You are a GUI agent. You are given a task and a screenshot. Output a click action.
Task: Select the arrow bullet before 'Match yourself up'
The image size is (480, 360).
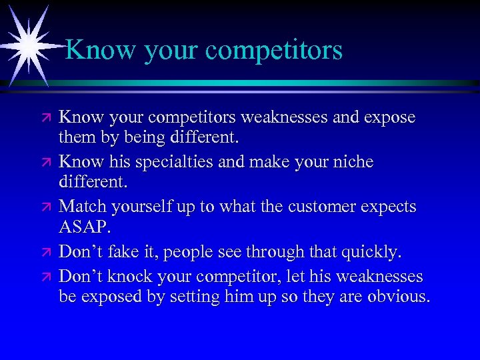[46, 207]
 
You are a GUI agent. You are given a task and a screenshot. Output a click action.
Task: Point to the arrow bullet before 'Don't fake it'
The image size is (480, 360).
[46, 253]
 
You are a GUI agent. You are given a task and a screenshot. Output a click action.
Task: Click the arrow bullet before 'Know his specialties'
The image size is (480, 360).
[46, 163]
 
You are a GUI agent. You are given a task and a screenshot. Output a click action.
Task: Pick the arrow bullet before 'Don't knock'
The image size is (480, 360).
[46, 275]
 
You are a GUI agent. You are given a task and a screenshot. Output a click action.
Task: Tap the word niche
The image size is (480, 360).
[353, 162]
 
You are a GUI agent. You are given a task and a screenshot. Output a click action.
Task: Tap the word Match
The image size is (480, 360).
[83, 207]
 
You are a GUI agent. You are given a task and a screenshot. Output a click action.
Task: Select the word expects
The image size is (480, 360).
[389, 207]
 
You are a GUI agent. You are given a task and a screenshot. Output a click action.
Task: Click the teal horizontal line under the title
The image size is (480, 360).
[267, 83]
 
